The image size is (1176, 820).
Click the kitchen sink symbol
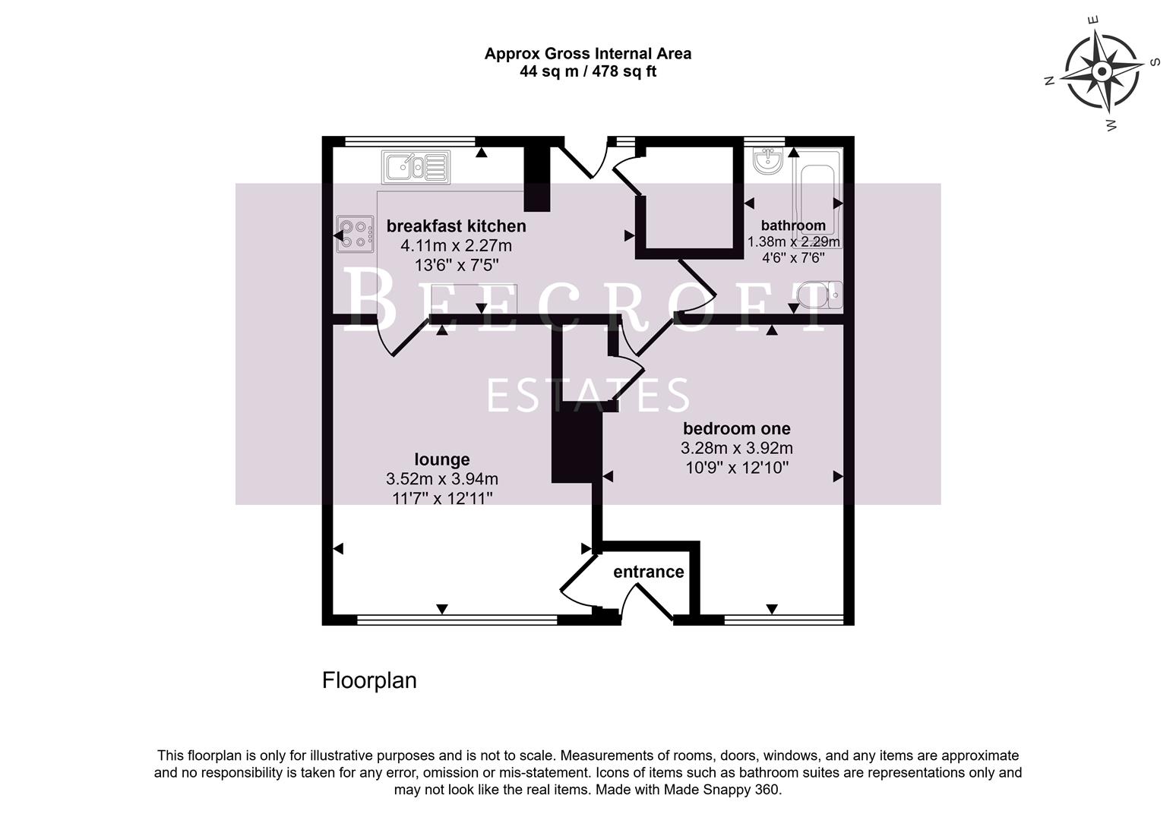coord(415,167)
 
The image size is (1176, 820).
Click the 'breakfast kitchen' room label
coord(456,226)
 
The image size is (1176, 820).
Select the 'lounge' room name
coord(441,459)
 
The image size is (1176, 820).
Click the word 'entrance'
coord(648,572)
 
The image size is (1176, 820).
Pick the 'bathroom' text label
coord(793,225)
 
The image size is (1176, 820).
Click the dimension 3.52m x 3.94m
coord(441,479)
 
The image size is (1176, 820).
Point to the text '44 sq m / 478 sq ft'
coord(587,72)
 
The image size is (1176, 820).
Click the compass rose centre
coord(1102,71)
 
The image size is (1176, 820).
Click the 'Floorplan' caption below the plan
coord(369,680)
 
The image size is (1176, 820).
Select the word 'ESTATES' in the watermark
coord(587,396)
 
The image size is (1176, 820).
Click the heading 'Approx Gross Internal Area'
coord(587,54)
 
